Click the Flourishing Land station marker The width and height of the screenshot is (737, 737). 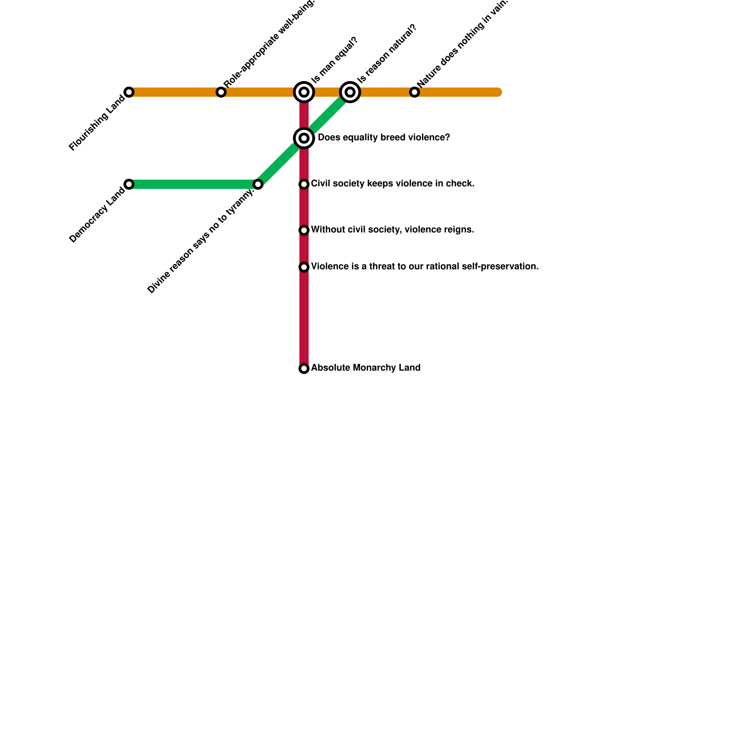tap(129, 92)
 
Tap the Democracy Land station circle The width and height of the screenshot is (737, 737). tap(129, 184)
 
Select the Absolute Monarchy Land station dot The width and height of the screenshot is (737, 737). tap(304, 368)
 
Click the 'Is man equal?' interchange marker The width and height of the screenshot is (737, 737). tap(304, 92)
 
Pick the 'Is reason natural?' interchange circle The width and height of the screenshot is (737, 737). tap(350, 92)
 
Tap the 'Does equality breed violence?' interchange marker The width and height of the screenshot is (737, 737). tap(304, 138)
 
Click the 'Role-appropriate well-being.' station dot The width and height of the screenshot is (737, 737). tap(221, 92)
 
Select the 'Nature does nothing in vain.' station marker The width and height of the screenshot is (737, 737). tap(415, 92)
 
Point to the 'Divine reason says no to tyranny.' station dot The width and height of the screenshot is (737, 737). tap(258, 184)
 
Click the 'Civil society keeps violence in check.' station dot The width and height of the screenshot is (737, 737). tap(304, 184)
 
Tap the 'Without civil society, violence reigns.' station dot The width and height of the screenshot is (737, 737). tap(304, 230)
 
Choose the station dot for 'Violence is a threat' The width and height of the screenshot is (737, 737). tap(304, 267)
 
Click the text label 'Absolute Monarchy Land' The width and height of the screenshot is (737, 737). tap(366, 368)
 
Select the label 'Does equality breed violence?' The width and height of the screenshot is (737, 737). tap(384, 138)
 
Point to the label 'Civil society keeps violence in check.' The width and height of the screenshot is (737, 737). tap(392, 184)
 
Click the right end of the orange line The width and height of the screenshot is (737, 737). tap(498, 92)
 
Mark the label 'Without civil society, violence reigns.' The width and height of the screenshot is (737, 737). tap(392, 230)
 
